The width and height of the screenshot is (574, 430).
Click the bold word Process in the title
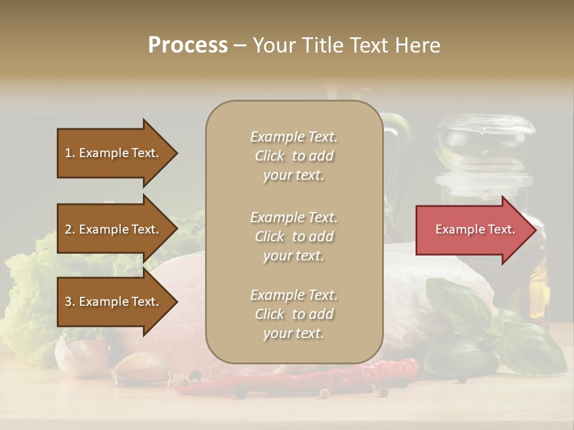[188, 45]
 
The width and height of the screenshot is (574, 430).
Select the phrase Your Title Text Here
[346, 45]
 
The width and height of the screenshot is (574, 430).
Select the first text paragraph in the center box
[294, 156]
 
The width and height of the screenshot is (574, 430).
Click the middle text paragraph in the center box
[294, 236]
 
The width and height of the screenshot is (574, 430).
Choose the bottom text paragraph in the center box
[294, 314]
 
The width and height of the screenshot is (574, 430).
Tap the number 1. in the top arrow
[70, 153]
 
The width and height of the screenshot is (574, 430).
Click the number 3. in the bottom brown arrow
[70, 302]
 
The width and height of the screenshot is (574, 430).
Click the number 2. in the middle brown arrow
[70, 229]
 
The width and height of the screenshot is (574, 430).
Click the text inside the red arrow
[475, 229]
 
